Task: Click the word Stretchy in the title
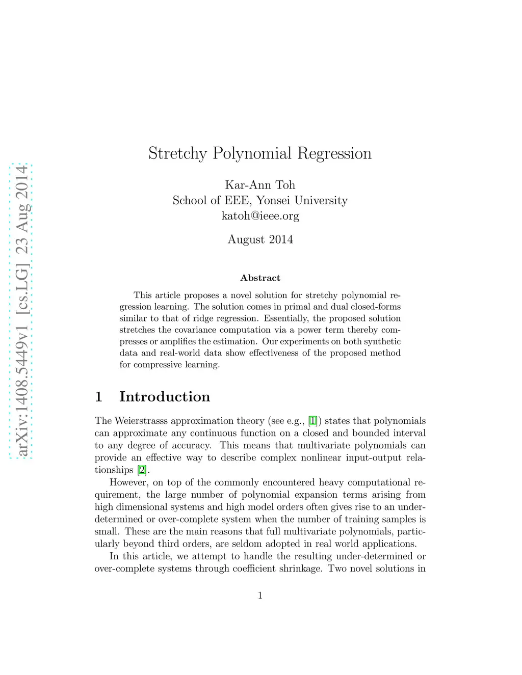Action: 177,153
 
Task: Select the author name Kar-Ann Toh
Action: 260,185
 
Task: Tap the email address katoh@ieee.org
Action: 260,215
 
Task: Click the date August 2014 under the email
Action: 260,239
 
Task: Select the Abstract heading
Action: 260,278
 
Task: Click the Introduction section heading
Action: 165,396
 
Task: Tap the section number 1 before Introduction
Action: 99,396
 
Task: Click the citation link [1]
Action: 313,421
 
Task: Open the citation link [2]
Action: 142,470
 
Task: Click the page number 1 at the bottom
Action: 260,595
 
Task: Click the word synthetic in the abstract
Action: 382,341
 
